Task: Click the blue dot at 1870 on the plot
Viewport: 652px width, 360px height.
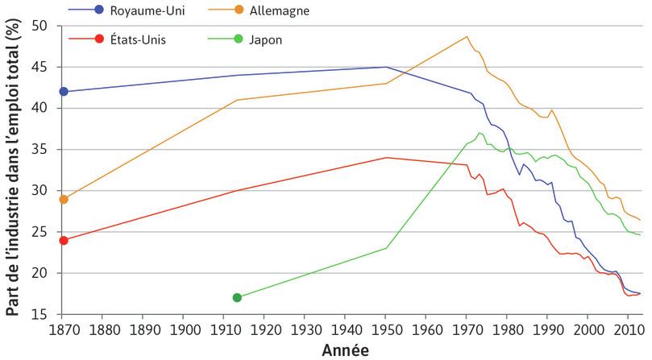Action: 64,91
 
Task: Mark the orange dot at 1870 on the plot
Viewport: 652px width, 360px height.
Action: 64,199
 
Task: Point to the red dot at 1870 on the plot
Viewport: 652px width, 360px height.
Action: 64,240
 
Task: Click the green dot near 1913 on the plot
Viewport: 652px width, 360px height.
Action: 237,298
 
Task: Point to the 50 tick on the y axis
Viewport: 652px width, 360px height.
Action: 49,26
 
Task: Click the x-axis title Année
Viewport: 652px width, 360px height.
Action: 347,350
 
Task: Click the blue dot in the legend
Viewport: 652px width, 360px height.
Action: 99,10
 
